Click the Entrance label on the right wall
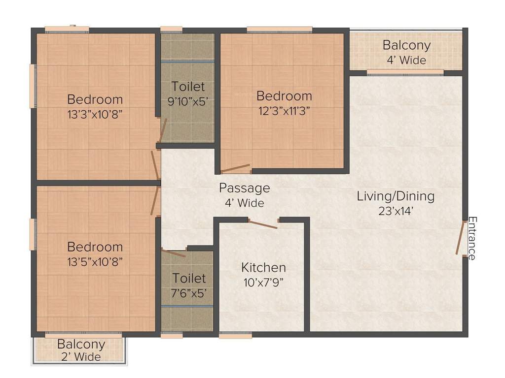[x=472, y=238]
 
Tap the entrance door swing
[x=461, y=238]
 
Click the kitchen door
[x=263, y=224]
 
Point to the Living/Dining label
[x=396, y=196]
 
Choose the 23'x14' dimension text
[x=396, y=211]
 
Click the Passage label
[x=245, y=188]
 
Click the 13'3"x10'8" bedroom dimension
[x=95, y=114]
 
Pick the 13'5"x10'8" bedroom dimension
[x=95, y=261]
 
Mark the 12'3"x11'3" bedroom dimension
[x=284, y=110]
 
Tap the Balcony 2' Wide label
[x=81, y=350]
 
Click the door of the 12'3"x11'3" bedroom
[x=235, y=169]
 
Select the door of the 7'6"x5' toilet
[x=174, y=253]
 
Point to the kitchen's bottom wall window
[x=235, y=336]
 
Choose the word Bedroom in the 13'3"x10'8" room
[x=95, y=99]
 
